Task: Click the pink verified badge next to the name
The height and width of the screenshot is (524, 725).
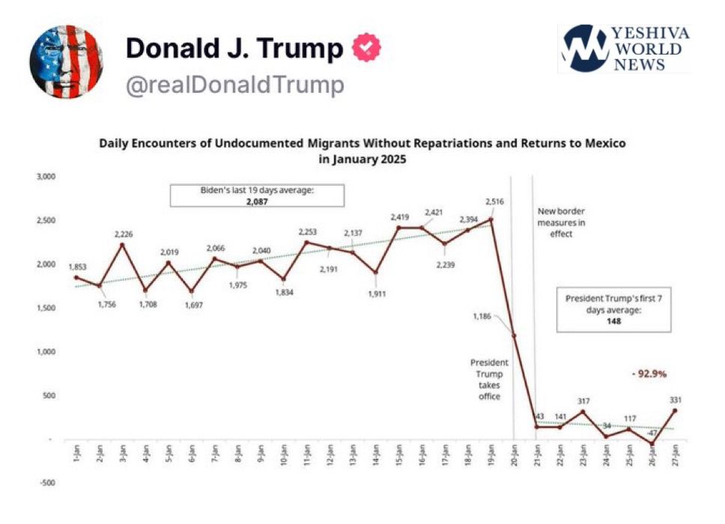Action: (367, 48)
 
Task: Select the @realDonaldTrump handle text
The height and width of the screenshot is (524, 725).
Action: (234, 85)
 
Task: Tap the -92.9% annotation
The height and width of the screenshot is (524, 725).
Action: (648, 372)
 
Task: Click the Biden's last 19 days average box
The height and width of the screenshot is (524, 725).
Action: (257, 195)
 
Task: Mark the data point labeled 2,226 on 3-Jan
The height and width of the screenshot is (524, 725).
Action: (123, 244)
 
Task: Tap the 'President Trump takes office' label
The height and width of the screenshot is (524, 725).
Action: (487, 379)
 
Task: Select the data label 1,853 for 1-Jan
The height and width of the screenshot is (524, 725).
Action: (78, 267)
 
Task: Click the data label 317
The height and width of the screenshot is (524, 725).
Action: (583, 401)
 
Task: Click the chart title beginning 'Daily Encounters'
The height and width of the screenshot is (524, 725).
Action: (362, 150)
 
